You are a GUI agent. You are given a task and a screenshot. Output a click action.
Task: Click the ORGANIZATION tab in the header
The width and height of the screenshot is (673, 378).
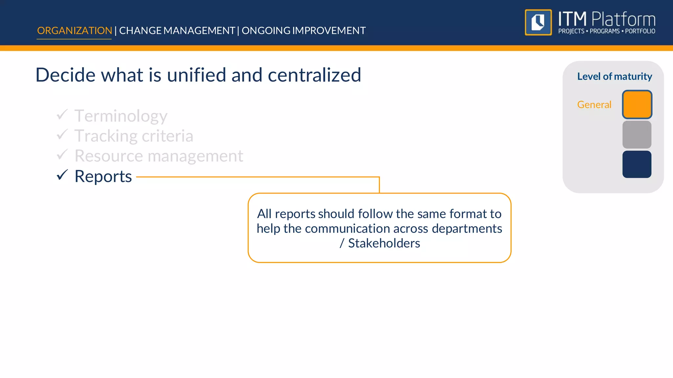74,31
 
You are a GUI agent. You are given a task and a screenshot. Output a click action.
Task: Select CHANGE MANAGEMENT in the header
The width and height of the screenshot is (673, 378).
177,31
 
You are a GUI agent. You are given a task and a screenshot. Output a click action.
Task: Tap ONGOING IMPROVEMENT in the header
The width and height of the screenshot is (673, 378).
304,31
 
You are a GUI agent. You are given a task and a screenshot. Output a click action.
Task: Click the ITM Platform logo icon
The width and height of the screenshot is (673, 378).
538,22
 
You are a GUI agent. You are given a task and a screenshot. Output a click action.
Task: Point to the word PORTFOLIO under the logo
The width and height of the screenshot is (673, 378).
640,31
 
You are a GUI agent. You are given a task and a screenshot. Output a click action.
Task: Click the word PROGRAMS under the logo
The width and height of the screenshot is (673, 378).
604,31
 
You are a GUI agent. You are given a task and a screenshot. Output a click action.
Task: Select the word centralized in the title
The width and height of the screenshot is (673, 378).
314,75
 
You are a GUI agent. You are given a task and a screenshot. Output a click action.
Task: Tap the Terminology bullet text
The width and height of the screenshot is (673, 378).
121,116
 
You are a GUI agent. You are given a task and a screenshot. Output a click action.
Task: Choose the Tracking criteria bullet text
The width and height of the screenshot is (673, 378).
134,136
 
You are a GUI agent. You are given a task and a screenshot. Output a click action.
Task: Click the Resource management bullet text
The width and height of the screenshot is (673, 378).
159,156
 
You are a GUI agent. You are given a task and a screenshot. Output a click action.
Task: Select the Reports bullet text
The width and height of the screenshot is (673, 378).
103,176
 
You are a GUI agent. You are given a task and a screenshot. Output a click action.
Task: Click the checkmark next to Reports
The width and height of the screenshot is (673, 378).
62,175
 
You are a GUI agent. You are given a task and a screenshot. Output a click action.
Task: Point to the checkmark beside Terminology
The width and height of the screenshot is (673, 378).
62,115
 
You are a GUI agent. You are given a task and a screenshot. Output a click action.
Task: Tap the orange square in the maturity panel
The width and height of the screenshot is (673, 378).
637,104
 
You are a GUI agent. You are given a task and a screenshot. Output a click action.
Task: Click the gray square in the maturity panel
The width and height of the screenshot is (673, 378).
637,135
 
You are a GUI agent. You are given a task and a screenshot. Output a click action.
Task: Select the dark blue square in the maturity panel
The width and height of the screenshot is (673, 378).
637,164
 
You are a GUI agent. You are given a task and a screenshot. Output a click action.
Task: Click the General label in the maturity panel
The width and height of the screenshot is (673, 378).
594,105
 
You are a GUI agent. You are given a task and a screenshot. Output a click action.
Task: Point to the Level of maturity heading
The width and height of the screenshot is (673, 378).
615,76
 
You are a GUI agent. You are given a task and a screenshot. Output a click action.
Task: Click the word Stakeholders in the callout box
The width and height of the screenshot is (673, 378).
384,243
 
